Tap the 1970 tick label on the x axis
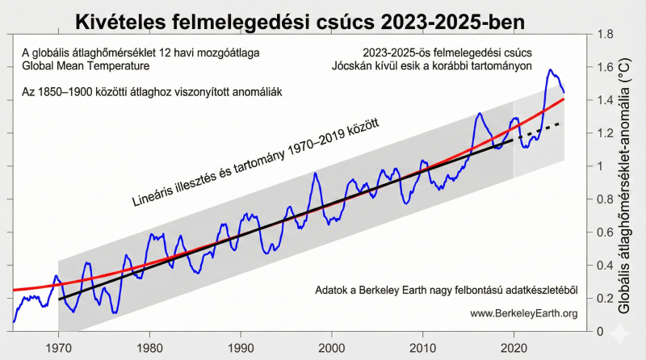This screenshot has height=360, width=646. click(59, 349)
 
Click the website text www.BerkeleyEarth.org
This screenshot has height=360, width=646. click(523, 312)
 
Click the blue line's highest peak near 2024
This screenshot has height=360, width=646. click(550, 70)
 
